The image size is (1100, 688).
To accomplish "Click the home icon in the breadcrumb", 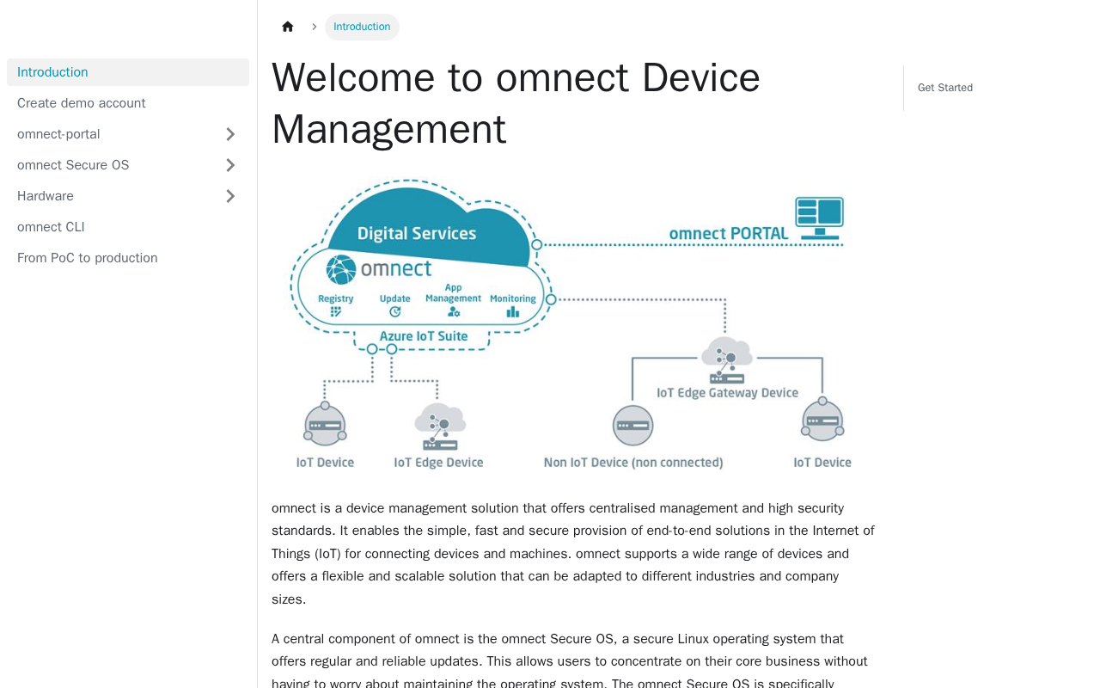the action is pos(288,27).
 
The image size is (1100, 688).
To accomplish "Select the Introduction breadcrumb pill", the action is pos(362,27).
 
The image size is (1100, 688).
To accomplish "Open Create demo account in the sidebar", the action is pos(82,103).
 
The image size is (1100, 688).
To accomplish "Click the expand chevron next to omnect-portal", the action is pos(230,134).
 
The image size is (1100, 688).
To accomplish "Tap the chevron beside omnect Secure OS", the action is pos(230,165).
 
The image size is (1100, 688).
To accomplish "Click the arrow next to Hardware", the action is pos(230,196).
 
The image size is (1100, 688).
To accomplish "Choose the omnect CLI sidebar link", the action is pos(51,227).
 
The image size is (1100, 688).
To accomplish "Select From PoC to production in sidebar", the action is pos(88,258).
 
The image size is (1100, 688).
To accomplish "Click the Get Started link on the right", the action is pos(944,88).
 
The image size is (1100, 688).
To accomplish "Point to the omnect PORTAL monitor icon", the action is pos(819,218).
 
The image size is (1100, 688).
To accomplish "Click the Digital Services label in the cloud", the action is pos(417,233).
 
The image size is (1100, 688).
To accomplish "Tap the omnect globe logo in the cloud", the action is pos(341,269).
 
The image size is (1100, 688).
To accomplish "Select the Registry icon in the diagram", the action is pos(336,311).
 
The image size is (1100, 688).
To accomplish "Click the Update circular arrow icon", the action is pos(394,311).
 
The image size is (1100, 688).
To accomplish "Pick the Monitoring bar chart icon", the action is pos(513,311).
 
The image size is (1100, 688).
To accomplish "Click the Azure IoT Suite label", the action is pos(424,336).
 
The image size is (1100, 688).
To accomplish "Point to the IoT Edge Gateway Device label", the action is pos(727,393).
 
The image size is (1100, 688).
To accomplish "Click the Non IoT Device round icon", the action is pos(632,425).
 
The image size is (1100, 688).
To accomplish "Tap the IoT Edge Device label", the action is pos(438,463).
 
